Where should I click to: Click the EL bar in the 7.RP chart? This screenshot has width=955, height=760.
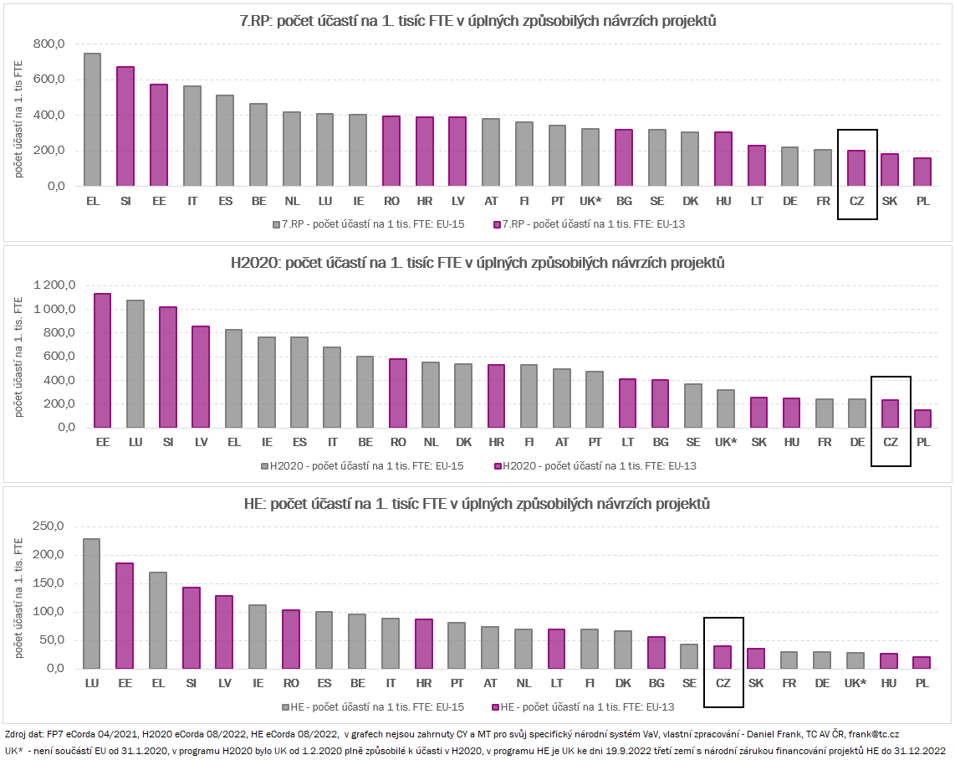92,120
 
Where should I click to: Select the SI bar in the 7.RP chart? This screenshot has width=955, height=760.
125,126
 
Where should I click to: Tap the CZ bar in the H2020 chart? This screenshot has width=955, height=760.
890,413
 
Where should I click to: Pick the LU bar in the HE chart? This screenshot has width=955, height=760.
92,603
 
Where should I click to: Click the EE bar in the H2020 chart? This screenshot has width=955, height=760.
103,360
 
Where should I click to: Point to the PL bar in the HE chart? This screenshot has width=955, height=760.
922,662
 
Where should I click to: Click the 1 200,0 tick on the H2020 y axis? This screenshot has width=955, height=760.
54,285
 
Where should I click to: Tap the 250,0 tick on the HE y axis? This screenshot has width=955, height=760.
48,526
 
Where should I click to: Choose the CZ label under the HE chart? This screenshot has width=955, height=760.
723,684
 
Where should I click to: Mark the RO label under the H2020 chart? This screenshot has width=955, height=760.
398,442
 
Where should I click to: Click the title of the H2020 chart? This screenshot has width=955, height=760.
477,264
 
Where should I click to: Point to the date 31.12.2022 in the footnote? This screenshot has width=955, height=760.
917,751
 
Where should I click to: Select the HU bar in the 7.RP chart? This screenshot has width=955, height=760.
723,159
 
